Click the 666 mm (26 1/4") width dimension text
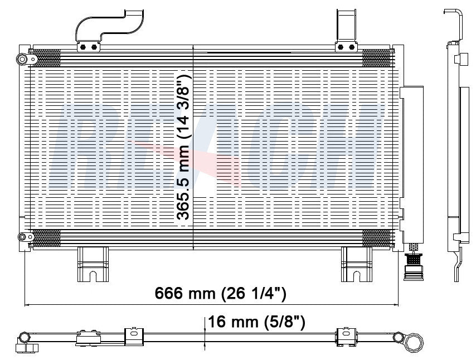pos(220,293)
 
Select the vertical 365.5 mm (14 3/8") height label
pos(183,147)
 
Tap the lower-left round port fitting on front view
pos(22,238)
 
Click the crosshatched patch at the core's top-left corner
pos(46,57)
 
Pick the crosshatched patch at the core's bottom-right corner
pos(376,239)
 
